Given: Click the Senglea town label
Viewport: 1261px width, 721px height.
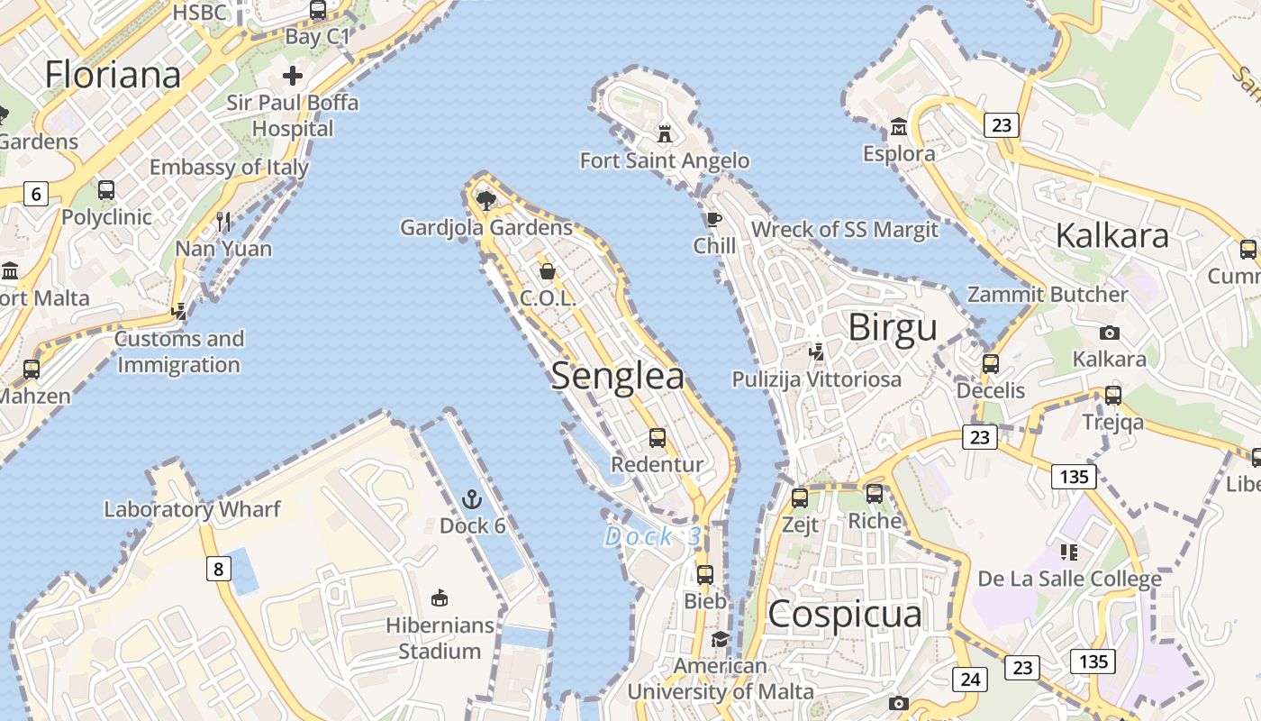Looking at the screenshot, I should coord(617,376).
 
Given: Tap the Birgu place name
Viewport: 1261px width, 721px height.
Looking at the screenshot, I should coord(893,328).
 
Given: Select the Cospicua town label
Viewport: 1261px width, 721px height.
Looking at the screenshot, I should coord(845,615).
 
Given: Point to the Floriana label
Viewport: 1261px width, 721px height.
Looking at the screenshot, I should coord(113,74).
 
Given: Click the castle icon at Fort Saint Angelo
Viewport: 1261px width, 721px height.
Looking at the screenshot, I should coord(665,134).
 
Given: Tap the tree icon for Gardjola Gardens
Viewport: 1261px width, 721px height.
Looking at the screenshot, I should coord(486,200).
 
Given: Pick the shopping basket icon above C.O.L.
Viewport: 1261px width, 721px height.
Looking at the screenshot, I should coord(547,271).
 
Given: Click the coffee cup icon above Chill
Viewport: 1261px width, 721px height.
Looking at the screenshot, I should coord(714,219).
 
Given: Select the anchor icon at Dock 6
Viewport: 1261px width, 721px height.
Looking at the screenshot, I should coord(471,499).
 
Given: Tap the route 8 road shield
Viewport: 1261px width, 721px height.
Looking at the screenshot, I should coord(218,569).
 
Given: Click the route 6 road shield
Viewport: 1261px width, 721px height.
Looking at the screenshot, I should coord(36,193).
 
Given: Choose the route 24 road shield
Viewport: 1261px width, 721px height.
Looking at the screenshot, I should coord(969,679).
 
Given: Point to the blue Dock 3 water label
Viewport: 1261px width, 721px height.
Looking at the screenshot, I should coord(652,537).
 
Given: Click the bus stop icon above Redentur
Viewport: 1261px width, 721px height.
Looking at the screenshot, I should coord(658,438).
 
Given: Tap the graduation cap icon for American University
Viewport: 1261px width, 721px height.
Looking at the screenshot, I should coord(720,639).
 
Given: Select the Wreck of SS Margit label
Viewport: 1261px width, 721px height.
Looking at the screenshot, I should coord(844,229).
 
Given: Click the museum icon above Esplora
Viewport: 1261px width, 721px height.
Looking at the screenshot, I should coord(898,127).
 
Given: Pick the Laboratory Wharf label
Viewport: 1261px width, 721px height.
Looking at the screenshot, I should coord(193,509).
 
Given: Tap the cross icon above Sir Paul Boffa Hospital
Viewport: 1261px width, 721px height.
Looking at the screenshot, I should coord(293,76).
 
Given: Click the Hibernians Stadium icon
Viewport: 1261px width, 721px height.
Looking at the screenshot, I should coord(440,598).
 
